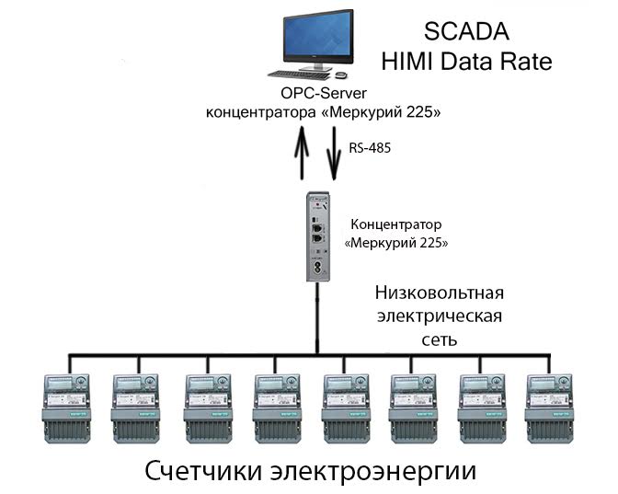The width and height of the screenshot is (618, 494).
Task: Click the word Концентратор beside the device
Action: [x=395, y=224]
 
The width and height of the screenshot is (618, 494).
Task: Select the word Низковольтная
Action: [x=440, y=294]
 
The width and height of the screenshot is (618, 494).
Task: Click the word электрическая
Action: [x=440, y=317]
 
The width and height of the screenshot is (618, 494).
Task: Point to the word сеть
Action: [x=440, y=339]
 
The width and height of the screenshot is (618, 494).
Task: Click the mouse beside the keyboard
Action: [x=341, y=74]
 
